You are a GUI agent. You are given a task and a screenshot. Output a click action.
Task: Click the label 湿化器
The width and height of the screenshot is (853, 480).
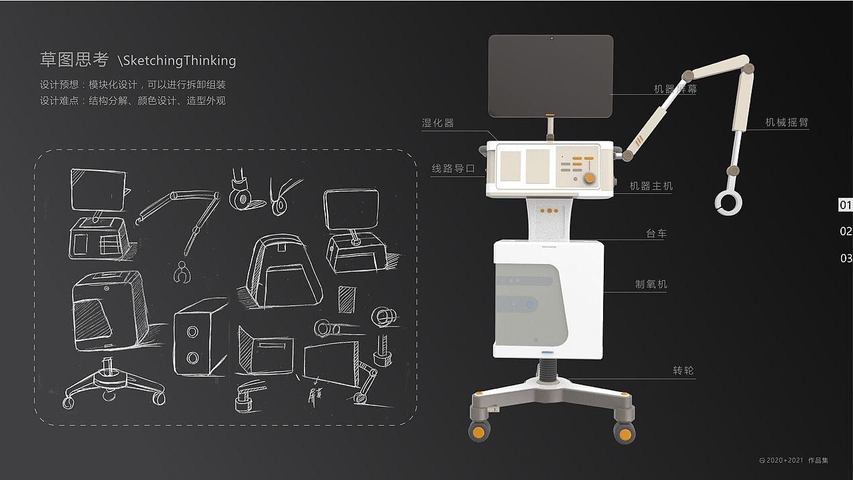tap(438, 123)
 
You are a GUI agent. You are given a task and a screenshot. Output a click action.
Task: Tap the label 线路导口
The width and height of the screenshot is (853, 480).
tap(453, 169)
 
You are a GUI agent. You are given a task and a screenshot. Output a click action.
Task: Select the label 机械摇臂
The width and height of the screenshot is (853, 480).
tap(787, 122)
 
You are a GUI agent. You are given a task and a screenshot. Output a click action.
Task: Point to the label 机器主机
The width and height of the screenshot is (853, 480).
tap(651, 186)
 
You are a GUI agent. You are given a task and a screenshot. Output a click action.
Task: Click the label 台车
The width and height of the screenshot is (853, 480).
tap(656, 233)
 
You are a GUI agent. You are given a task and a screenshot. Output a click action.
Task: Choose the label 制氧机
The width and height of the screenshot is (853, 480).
tap(651, 284)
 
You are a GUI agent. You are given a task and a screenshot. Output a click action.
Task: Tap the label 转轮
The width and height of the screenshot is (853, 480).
tap(684, 370)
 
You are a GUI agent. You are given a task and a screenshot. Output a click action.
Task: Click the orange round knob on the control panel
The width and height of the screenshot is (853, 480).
tap(590, 178)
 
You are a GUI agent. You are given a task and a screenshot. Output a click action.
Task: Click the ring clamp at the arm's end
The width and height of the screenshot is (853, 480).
tap(728, 203)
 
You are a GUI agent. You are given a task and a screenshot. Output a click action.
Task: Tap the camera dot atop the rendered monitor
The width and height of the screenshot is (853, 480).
tap(551, 39)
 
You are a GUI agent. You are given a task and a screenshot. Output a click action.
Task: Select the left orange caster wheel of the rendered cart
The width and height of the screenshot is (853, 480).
tap(479, 432)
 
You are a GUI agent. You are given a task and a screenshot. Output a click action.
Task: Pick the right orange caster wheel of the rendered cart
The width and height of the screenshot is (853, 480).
tap(624, 433)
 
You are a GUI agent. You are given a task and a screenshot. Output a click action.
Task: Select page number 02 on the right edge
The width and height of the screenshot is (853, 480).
tap(846, 231)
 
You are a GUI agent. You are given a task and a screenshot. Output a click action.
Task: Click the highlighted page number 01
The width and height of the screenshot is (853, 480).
tap(846, 205)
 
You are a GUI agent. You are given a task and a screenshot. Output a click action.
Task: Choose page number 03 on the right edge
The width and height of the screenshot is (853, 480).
tap(846, 258)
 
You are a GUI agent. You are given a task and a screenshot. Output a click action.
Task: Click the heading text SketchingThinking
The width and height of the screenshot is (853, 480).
tap(179, 61)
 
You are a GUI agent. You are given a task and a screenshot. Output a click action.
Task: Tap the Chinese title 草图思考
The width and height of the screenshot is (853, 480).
tap(74, 60)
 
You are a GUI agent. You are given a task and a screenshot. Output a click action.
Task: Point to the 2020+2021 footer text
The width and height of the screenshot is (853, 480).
tap(785, 460)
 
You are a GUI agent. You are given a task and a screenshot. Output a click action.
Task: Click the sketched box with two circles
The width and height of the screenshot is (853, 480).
tap(200, 337)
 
